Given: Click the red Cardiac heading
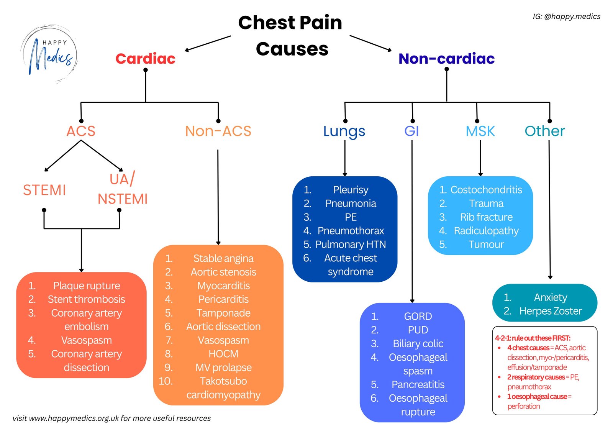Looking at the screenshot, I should point(145,59).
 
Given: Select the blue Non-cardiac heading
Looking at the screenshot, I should point(446,59).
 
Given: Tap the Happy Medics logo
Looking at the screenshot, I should point(49,54).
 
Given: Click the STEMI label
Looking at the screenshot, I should point(44,190).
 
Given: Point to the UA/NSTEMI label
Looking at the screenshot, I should point(122,189).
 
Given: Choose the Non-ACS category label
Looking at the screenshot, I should point(218,131).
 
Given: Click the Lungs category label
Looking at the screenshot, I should point(344,131).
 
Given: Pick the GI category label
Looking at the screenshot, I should point(411,131).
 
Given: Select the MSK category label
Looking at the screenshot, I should point(480,131).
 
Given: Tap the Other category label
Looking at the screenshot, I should point(544,131).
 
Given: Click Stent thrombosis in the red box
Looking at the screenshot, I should point(86,299).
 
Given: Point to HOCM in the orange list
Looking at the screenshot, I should point(223,354).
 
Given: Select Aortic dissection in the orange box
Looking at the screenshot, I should point(223,327).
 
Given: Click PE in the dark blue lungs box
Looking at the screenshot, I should point(351,217).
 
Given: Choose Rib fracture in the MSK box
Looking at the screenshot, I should point(486,217).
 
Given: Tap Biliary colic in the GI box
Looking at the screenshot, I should point(418,344).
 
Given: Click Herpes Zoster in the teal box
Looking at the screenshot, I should point(551,311).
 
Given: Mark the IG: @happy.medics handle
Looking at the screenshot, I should point(566,16).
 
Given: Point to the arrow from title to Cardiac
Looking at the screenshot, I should point(208,43).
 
